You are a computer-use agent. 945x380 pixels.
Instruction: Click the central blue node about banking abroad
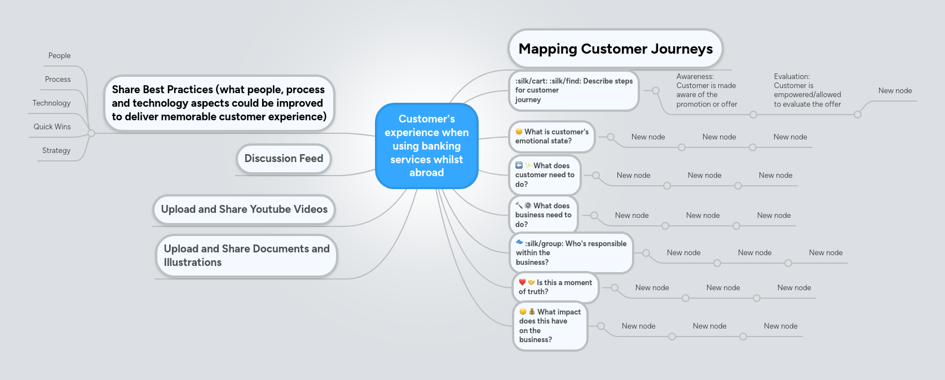(x=426, y=146)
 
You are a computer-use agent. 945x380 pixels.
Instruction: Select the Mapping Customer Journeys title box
(x=615, y=49)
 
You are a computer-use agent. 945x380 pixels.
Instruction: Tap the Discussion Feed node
(x=284, y=159)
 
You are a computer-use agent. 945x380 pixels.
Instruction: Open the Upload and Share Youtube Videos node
(x=244, y=209)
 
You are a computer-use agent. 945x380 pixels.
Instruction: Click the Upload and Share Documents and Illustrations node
(x=246, y=256)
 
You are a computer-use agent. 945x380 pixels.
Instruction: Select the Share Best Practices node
(x=219, y=103)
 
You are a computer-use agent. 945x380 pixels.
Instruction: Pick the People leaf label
(x=59, y=56)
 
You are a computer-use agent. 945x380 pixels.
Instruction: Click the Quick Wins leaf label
(x=52, y=127)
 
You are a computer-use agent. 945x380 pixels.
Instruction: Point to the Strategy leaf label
(x=56, y=151)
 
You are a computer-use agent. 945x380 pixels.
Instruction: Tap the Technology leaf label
(x=51, y=103)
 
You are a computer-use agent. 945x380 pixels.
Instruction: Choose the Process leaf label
(x=58, y=80)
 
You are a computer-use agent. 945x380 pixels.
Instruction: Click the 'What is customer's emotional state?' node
(x=551, y=137)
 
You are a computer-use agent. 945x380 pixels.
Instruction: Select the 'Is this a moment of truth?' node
(x=555, y=287)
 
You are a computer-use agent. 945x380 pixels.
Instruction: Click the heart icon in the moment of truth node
(x=522, y=282)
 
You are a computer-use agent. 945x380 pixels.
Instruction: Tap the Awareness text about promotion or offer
(x=706, y=90)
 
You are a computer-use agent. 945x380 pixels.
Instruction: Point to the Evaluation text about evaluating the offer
(x=807, y=90)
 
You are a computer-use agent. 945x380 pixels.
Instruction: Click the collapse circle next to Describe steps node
(x=655, y=90)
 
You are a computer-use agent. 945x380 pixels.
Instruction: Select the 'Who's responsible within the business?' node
(x=571, y=253)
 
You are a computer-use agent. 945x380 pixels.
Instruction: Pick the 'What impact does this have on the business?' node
(x=550, y=326)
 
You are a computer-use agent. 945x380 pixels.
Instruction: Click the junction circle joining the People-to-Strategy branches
(x=91, y=133)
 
